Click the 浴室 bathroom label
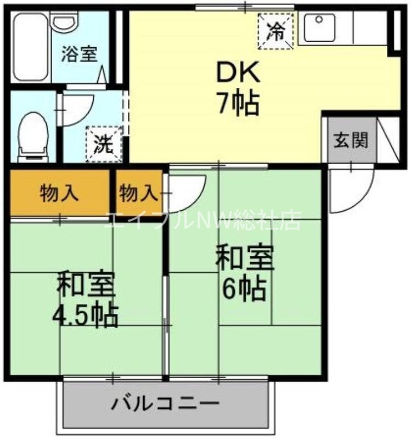coord(80,55)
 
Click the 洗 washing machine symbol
coord(103,144)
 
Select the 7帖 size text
coord(238,103)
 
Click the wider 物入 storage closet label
coord(59,193)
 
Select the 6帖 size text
coord(244,288)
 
